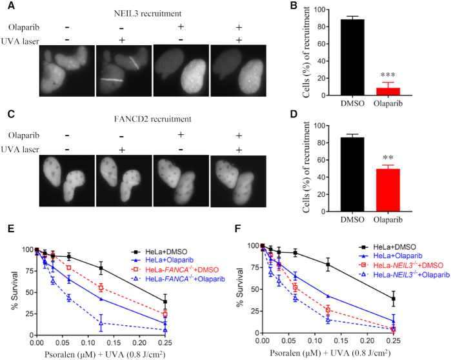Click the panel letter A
point(8,7)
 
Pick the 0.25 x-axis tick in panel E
point(165,343)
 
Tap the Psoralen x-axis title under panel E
point(103,353)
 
